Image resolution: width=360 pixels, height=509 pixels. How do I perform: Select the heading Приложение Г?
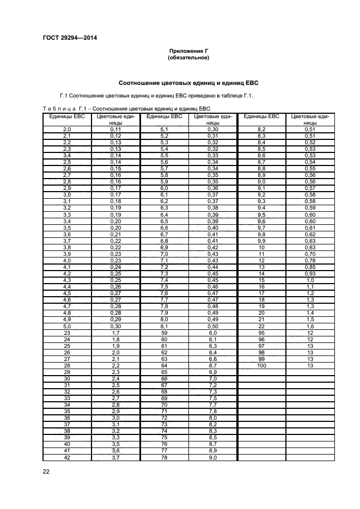[188, 51]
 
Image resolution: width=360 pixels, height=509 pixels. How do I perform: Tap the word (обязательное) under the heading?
[188, 57]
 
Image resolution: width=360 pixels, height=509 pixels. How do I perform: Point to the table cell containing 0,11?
[115, 129]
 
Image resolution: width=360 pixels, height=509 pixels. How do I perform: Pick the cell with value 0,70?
[310, 254]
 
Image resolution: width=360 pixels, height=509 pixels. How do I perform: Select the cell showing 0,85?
[310, 267]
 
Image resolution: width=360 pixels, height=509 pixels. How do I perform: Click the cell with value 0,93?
[310, 274]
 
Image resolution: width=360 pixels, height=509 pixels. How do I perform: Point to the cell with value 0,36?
[213, 188]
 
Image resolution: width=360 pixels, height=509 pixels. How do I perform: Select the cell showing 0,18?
[115, 201]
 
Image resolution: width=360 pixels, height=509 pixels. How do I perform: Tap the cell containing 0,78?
[310, 261]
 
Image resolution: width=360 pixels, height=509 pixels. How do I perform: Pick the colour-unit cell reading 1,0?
[310, 280]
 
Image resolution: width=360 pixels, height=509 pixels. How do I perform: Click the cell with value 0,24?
[115, 267]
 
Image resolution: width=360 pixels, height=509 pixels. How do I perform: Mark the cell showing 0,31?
[213, 136]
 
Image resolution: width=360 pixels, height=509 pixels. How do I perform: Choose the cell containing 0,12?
[115, 136]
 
